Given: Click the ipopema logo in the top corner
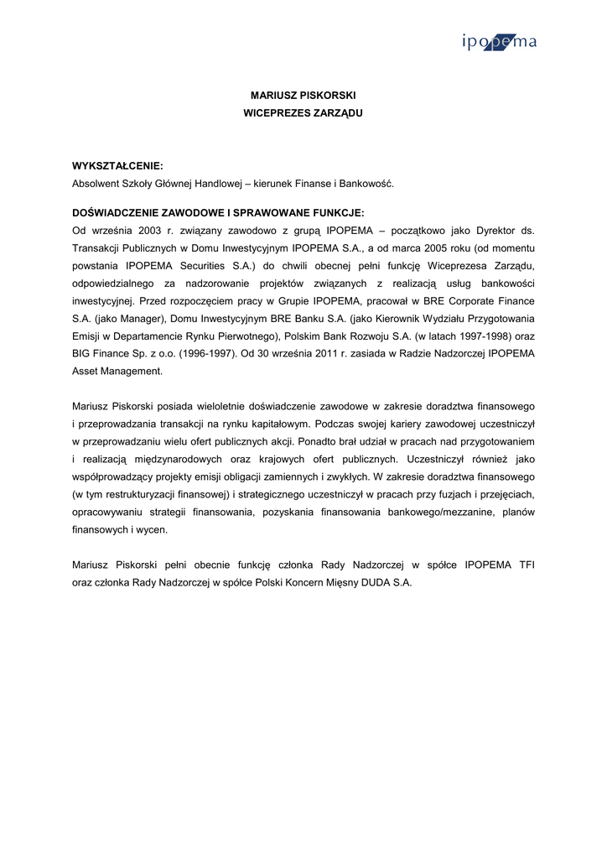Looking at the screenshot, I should tap(499, 44).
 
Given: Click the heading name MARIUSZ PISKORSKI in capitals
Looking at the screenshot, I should tap(303, 96).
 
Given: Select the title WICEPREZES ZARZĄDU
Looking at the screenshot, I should tap(303, 112).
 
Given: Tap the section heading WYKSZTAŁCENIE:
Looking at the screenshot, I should tap(117, 166).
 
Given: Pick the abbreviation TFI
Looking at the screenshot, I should tap(527, 565).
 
